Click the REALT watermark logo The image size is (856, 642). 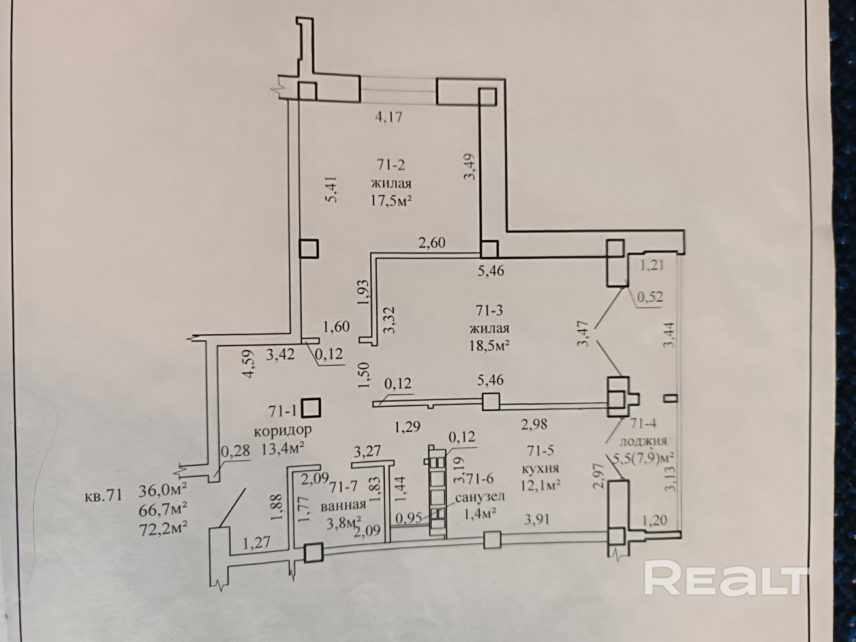tap(726, 579)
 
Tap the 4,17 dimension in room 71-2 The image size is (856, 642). tap(389, 116)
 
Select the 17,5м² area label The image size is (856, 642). tap(391, 201)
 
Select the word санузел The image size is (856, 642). tap(480, 497)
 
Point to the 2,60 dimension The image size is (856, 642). tap(432, 243)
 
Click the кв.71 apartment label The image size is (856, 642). tap(104, 496)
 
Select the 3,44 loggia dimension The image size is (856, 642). tap(671, 340)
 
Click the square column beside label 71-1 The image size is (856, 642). tap(311, 408)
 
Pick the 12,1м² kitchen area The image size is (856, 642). tap(541, 485)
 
